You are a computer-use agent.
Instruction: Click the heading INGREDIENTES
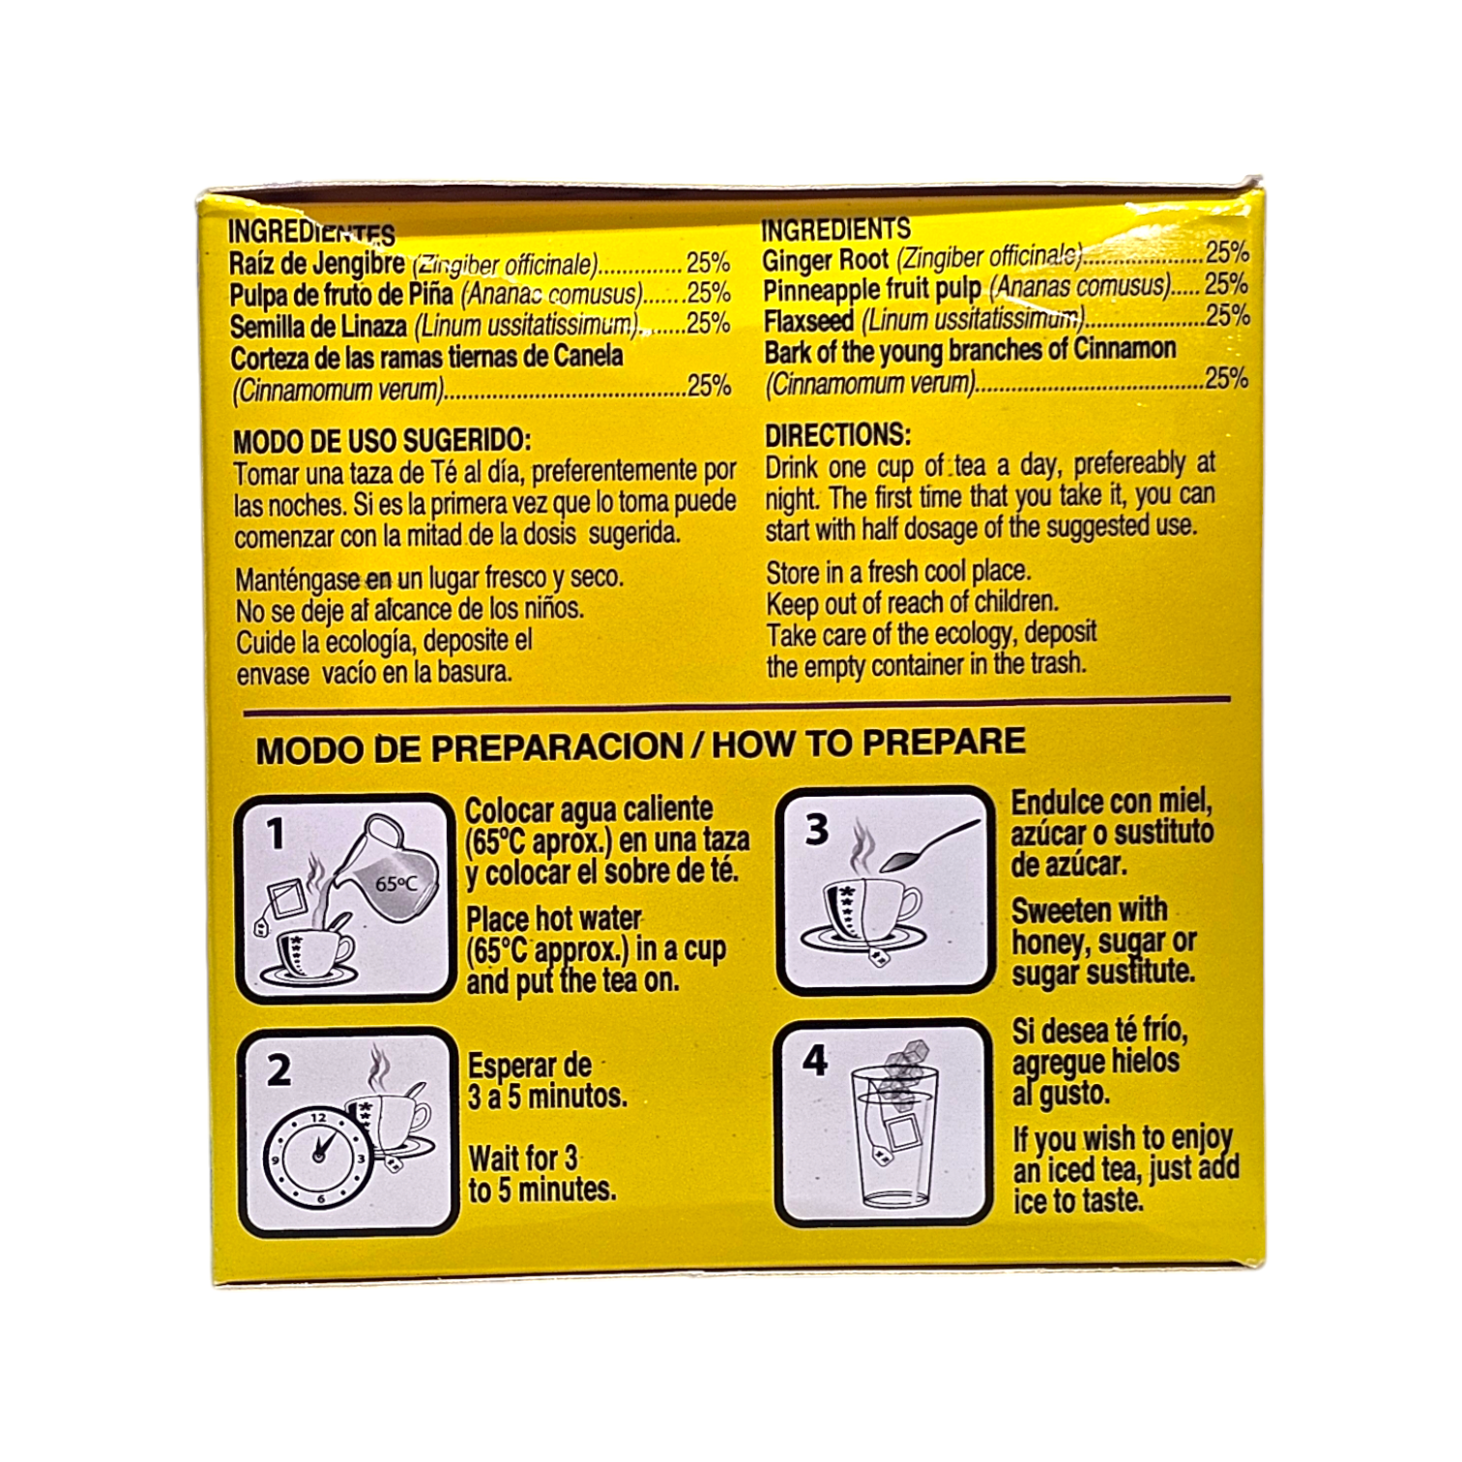[x=310, y=233]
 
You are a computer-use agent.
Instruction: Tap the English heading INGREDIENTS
[x=835, y=229]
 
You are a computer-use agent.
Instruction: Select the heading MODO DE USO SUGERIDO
[x=382, y=441]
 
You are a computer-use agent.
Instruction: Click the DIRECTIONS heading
[x=837, y=435]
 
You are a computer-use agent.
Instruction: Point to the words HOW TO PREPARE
[x=868, y=742]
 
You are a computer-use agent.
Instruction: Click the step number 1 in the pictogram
[x=277, y=833]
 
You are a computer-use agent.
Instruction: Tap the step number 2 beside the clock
[x=278, y=1070]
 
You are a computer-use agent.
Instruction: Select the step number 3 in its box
[x=817, y=830]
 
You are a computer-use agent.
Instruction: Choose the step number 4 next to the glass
[x=815, y=1061]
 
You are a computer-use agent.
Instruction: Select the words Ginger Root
[x=825, y=261]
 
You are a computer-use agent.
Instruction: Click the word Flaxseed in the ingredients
[x=808, y=321]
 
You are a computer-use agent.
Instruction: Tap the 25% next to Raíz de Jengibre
[x=708, y=263]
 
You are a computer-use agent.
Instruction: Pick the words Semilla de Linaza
[x=318, y=327]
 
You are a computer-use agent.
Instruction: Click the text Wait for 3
[x=523, y=1157]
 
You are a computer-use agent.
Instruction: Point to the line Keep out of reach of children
[x=912, y=602]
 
